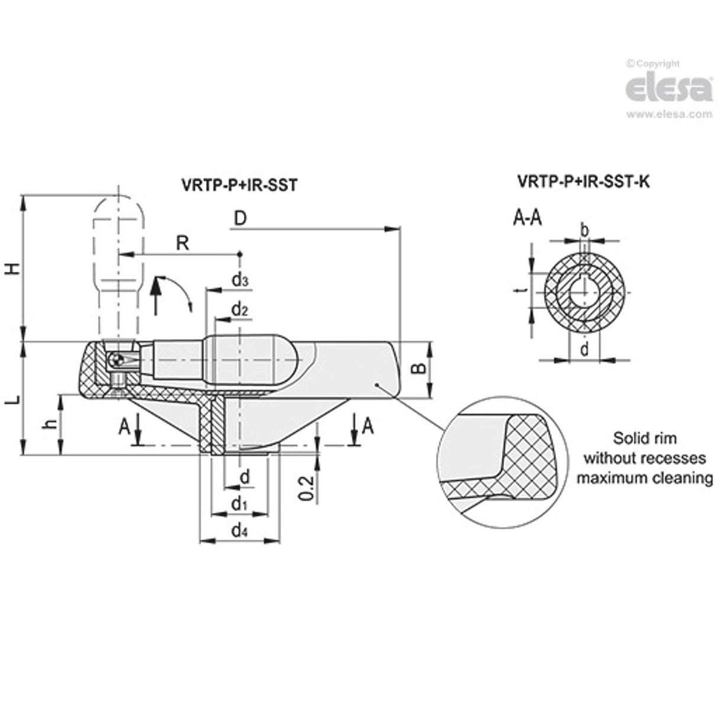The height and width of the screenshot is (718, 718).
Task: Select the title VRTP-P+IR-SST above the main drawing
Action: point(238,185)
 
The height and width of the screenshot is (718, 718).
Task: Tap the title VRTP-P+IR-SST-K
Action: point(583,182)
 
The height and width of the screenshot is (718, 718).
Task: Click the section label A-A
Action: point(527,218)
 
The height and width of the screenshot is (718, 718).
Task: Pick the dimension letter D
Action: point(240,218)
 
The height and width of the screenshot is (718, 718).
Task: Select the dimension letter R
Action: point(183,242)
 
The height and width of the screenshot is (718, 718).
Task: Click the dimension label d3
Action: point(240,280)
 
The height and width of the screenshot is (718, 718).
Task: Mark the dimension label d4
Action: point(240,531)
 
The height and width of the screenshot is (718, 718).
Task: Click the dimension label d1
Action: point(239,504)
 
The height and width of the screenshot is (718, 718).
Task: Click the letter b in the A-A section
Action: point(584,229)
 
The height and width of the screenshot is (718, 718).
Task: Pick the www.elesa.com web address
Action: point(669,115)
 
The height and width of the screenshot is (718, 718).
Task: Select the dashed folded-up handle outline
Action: point(119,248)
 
